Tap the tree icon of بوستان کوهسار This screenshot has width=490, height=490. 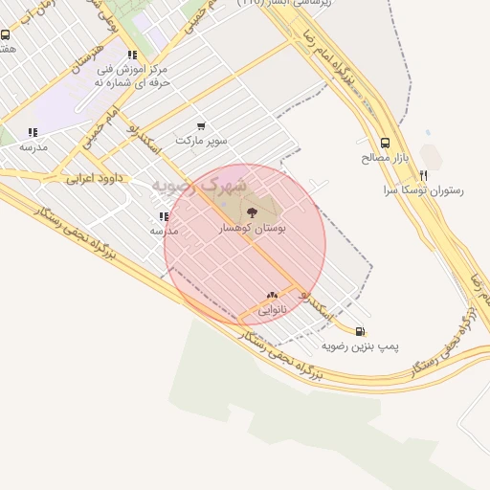[x=252, y=212]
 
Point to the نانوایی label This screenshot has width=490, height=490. [x=271, y=309]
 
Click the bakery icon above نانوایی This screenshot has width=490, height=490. [x=272, y=295]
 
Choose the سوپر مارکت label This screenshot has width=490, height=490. [x=201, y=140]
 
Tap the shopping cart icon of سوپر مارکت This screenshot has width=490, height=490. [x=201, y=125]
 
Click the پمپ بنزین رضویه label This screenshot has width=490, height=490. [x=359, y=345]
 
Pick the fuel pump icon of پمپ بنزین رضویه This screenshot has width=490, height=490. [x=359, y=332]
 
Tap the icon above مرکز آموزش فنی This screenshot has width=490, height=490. [x=131, y=56]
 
